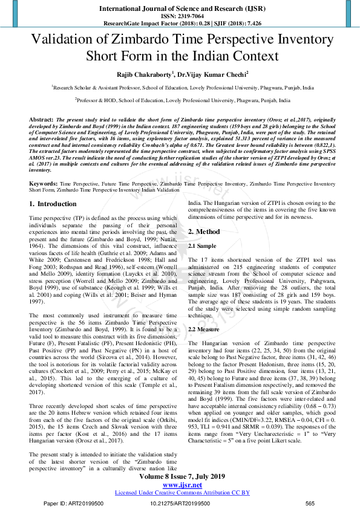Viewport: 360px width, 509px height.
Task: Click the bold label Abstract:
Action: pyautogui.click(x=41, y=120)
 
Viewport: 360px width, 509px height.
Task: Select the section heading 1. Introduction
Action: pyautogui.click(x=53, y=204)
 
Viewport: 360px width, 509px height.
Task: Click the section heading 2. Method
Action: pyautogui.click(x=204, y=232)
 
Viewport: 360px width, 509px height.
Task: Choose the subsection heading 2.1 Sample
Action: pyautogui.click(x=202, y=247)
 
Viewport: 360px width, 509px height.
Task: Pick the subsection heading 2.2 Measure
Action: pyautogui.click(x=205, y=329)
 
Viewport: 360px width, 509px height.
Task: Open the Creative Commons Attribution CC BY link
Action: pyautogui.click(x=182, y=493)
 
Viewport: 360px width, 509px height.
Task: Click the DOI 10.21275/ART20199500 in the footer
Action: pyautogui.click(x=180, y=503)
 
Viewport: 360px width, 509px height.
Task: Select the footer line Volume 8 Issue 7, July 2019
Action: pyautogui.click(x=180, y=477)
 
